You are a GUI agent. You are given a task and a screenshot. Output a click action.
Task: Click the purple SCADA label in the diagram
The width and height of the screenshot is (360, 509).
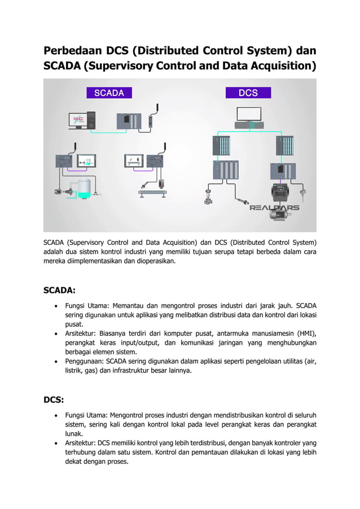coord(108,93)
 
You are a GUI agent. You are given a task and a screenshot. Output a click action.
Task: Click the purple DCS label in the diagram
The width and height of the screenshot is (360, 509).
coord(248,93)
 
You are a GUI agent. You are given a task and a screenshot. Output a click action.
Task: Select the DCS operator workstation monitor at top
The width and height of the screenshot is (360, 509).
coord(249,128)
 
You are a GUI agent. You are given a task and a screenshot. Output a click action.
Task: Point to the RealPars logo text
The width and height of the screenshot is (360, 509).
coord(275,207)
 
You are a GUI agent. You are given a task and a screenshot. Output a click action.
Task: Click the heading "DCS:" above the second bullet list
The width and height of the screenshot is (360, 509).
coord(54,401)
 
